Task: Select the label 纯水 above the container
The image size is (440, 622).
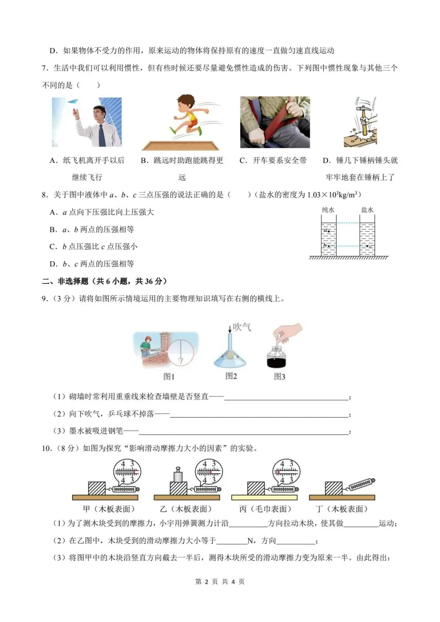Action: (x=328, y=210)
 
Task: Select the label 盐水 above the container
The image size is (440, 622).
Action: (x=367, y=210)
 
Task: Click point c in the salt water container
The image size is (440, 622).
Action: (x=367, y=246)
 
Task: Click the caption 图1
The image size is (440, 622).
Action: (x=169, y=377)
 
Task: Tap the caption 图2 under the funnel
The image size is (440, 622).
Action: (x=231, y=376)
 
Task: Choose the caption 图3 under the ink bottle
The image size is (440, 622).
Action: (x=279, y=377)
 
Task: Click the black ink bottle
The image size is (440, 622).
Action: (x=276, y=359)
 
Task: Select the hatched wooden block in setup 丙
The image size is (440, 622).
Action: (x=256, y=488)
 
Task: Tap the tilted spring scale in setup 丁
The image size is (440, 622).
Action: (x=361, y=484)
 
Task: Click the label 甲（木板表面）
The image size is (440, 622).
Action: (x=108, y=509)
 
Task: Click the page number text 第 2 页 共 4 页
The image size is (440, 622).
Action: (x=220, y=582)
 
